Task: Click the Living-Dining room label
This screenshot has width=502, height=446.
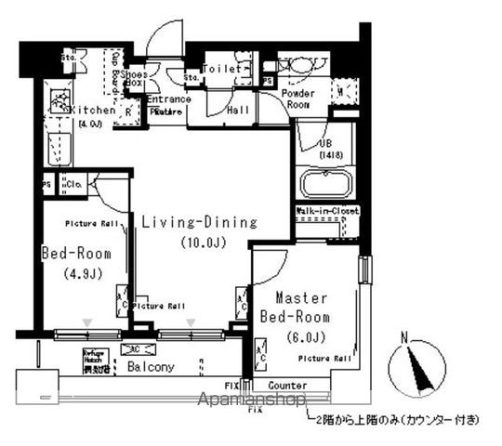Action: pyautogui.click(x=198, y=222)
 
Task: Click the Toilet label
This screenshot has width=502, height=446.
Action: pyautogui.click(x=221, y=69)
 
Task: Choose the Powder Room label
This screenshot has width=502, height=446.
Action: pyautogui.click(x=297, y=99)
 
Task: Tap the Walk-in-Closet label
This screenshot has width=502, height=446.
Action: pyautogui.click(x=326, y=212)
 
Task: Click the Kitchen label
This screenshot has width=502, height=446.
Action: pyautogui.click(x=93, y=110)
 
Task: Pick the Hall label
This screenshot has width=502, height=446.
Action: pyautogui.click(x=238, y=110)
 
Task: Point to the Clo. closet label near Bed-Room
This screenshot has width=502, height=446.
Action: pyautogui.click(x=74, y=184)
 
